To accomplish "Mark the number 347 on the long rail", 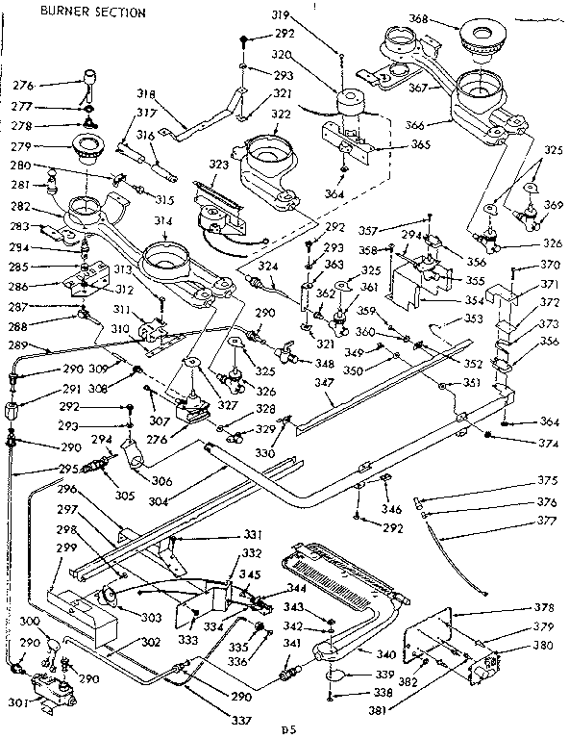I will coord(332,383).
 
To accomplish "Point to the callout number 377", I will coord(547,521).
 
